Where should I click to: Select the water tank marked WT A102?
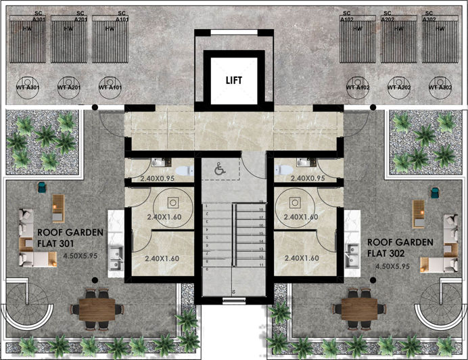[358, 87]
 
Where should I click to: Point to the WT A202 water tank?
[399, 87]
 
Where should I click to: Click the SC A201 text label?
[80, 17]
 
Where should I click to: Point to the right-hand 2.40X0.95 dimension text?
[308, 179]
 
